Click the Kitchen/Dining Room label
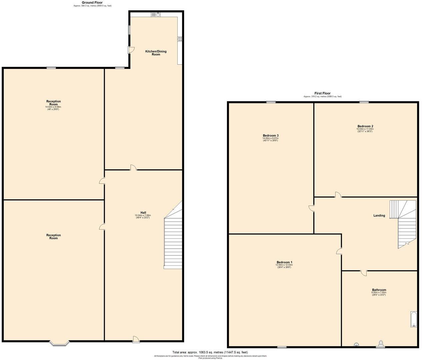point(156,53)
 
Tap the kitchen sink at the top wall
point(156,14)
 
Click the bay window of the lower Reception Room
point(59,343)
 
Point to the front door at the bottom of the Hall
point(136,339)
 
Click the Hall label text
point(143,213)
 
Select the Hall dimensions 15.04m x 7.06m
point(143,216)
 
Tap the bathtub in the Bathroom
point(413,319)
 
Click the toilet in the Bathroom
point(381,343)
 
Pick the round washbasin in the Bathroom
point(356,345)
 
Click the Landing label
point(379,216)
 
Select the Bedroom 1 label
point(284,262)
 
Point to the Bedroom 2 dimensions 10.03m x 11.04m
point(365,129)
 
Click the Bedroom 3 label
point(270,136)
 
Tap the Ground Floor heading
point(92,3)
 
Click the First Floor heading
point(322,93)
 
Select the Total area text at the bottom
point(210,352)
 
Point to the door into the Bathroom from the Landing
point(364,273)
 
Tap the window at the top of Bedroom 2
point(364,102)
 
